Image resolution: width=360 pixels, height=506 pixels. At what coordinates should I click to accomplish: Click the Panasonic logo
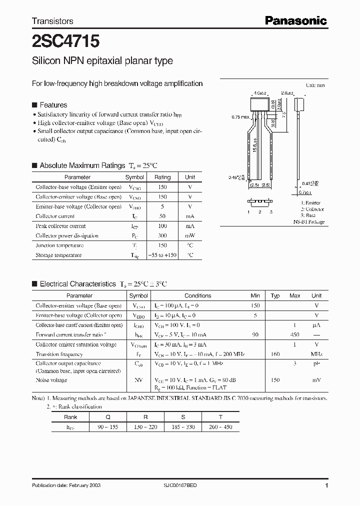[295, 20]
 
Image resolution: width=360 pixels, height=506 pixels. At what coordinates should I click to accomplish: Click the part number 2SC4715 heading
[58, 40]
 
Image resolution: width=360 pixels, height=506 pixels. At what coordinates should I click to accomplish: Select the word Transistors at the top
[52, 21]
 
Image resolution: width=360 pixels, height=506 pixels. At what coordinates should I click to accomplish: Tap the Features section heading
[53, 105]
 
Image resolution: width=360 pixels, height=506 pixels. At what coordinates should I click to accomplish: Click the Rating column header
[162, 177]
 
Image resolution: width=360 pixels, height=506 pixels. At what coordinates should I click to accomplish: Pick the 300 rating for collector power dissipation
[162, 235]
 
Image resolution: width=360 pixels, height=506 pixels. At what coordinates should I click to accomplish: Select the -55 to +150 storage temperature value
[162, 255]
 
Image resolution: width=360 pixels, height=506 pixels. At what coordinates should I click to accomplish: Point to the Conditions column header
[197, 295]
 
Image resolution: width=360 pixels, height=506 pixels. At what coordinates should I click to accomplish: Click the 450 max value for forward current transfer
[295, 334]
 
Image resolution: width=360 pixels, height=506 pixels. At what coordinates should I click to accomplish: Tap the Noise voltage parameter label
[51, 380]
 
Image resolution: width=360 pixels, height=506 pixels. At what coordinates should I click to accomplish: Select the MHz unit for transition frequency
[316, 354]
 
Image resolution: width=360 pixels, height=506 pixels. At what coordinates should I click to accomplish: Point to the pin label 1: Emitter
[310, 202]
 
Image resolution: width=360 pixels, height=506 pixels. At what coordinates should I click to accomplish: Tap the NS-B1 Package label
[308, 221]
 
